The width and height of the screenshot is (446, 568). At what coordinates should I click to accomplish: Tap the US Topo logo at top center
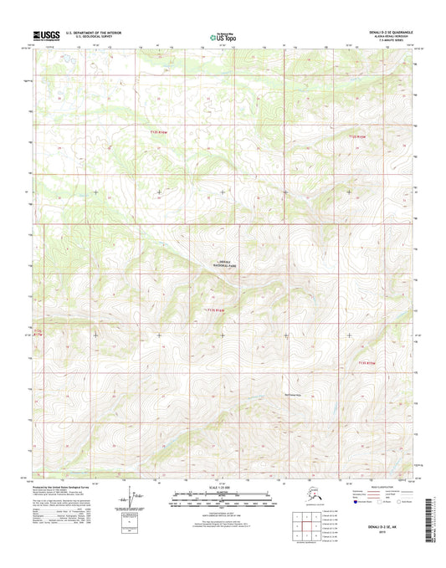pos(223,36)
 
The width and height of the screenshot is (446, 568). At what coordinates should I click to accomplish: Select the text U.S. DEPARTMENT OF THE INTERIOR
pos(89,33)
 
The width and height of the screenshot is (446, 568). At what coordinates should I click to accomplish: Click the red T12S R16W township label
pos(147,133)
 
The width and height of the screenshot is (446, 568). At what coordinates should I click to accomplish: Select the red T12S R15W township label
pos(357,136)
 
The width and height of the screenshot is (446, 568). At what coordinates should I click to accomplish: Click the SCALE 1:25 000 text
pos(223,489)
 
